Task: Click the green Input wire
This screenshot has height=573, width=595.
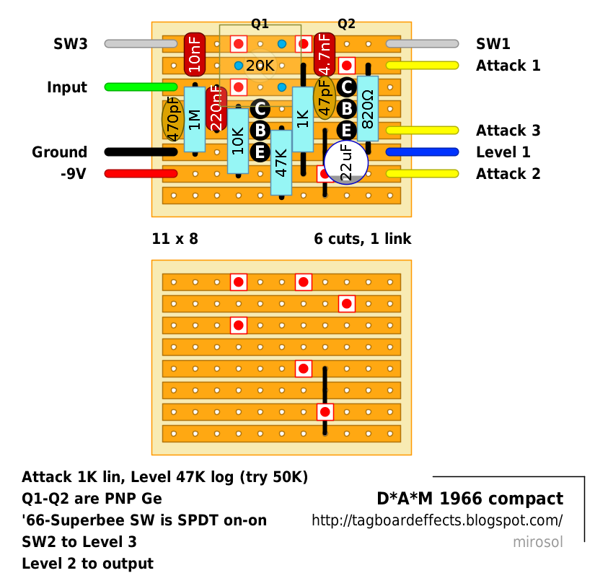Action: click(x=141, y=87)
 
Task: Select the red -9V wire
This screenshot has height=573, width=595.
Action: click(x=141, y=173)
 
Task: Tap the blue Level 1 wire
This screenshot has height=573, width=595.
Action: click(x=422, y=152)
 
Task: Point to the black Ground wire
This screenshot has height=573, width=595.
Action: click(x=141, y=152)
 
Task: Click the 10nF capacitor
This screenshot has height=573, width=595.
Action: click(x=195, y=54)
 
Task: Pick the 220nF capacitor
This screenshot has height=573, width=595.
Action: click(x=216, y=109)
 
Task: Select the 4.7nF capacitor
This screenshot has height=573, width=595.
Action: click(x=325, y=54)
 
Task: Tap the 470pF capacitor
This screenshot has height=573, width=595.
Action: click(x=173, y=119)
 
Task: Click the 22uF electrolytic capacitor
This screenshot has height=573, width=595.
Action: click(x=346, y=162)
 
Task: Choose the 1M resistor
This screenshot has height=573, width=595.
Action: click(x=195, y=119)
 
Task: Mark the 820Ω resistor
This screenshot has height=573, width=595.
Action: click(x=368, y=108)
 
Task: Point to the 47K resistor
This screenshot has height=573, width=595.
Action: click(x=281, y=162)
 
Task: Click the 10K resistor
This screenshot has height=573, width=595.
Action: click(x=238, y=141)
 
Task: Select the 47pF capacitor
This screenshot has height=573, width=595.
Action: click(x=325, y=97)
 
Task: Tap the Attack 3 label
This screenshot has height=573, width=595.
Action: click(x=508, y=130)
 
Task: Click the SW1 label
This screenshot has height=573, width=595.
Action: click(x=493, y=44)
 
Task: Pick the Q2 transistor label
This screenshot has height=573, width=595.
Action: click(x=346, y=24)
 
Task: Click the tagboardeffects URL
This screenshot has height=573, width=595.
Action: click(x=437, y=520)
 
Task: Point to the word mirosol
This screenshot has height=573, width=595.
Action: click(x=538, y=542)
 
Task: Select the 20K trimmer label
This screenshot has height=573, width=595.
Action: click(x=260, y=66)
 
